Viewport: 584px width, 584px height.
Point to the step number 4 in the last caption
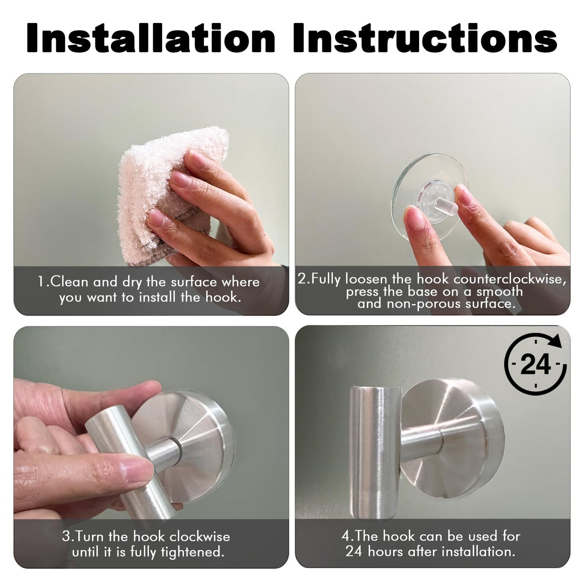346,536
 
